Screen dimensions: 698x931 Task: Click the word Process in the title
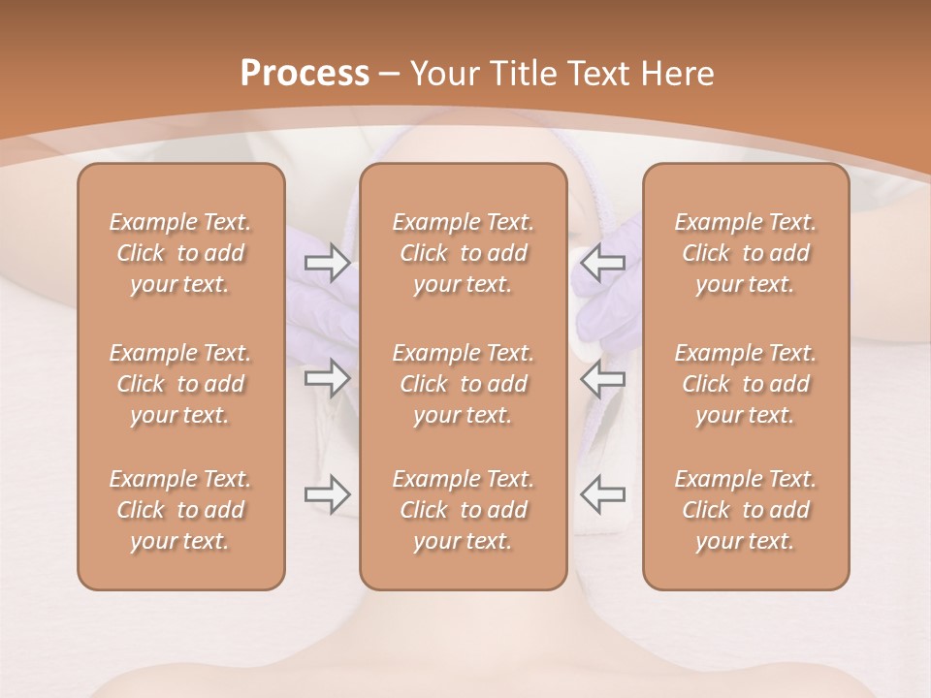click(305, 73)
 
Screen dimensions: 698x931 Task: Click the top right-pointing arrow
click(327, 263)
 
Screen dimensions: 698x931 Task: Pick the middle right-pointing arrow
click(327, 378)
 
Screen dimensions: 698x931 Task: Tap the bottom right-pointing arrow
click(327, 494)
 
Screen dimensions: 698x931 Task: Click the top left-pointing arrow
click(602, 263)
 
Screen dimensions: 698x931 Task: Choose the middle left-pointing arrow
click(602, 378)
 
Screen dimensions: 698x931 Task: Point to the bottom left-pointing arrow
click(602, 494)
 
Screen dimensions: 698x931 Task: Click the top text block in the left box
click(180, 253)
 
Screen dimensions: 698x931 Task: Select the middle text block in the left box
click(180, 384)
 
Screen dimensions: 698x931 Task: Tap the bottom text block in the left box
click(180, 510)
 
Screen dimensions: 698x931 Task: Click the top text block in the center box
click(464, 253)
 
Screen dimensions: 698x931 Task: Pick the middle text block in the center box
click(464, 384)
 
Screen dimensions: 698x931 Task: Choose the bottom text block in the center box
click(464, 510)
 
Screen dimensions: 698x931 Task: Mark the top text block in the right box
click(746, 253)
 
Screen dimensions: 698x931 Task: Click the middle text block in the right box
click(746, 384)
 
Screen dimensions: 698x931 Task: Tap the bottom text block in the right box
click(746, 510)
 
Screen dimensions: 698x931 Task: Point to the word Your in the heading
click(441, 73)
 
